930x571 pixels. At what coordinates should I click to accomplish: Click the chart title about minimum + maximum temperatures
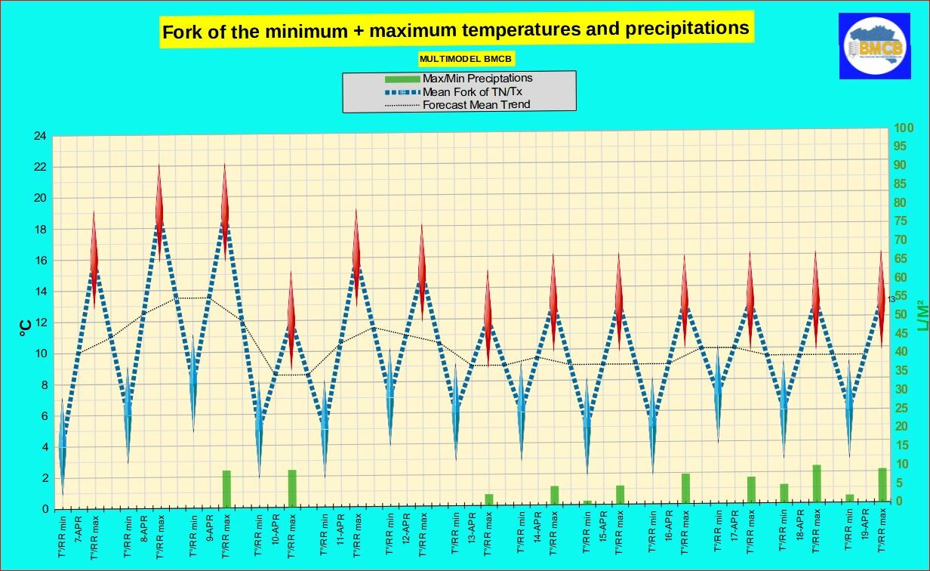pos(456,30)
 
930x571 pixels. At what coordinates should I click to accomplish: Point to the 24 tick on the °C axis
pos(40,136)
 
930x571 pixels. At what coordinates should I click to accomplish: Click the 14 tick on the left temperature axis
pos(40,292)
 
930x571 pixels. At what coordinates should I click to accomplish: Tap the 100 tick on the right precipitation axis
pos(904,128)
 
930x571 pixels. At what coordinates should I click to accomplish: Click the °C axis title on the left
pos(25,326)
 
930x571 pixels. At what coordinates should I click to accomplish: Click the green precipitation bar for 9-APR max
pos(226,489)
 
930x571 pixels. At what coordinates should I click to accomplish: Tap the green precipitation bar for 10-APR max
pos(291,489)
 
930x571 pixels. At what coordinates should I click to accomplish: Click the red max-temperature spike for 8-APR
pos(159,200)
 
